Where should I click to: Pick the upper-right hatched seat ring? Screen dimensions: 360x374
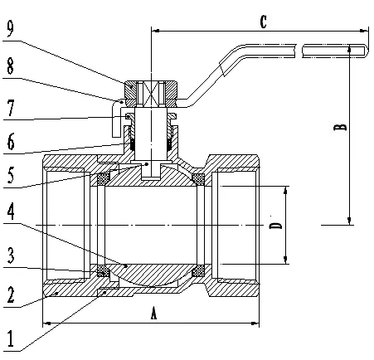click(x=199, y=178)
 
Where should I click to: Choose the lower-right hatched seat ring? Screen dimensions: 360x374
click(x=199, y=271)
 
